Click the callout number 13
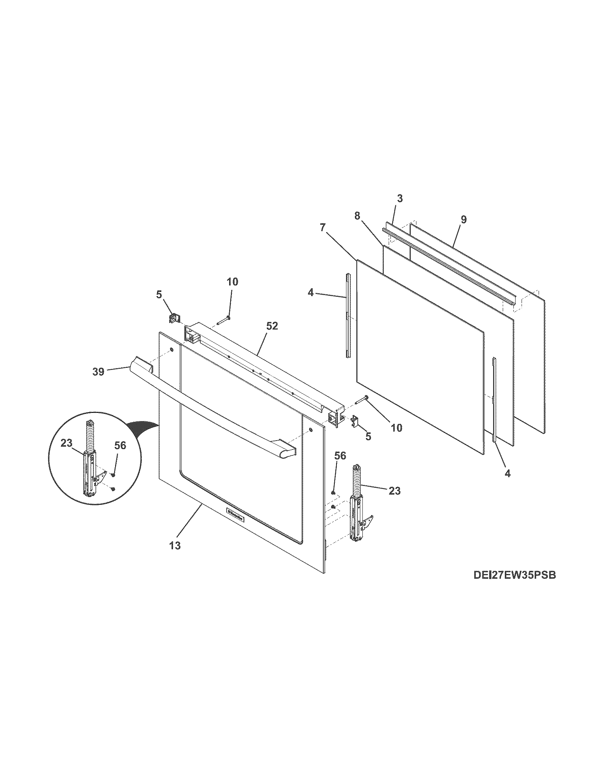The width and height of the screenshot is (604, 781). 175,556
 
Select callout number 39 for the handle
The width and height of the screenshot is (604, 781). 98,372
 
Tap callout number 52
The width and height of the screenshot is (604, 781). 272,326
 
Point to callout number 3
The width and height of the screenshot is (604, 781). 400,198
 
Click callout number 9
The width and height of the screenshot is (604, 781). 463,219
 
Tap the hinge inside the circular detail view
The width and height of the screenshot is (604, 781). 90,472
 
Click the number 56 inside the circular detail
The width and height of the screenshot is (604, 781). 120,446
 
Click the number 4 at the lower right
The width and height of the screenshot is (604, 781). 507,474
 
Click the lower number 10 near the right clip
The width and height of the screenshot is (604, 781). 397,427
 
